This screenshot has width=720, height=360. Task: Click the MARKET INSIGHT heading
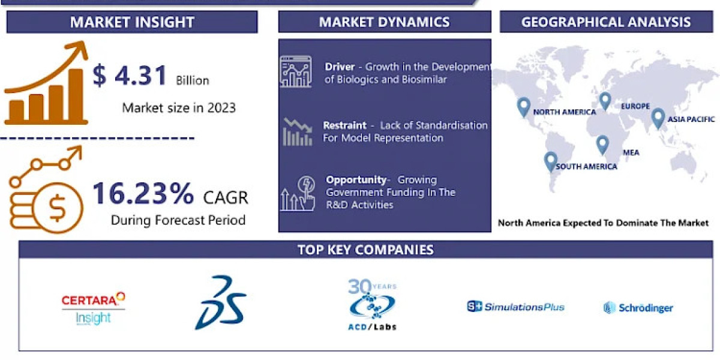pos(132,22)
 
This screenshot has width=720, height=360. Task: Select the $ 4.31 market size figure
pos(130,76)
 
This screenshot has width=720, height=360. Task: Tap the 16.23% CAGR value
pos(143,193)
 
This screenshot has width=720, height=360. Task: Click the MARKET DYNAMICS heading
pos(384,22)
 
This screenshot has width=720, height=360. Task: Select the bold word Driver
pos(340,67)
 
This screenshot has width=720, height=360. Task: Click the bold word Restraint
pos(344,125)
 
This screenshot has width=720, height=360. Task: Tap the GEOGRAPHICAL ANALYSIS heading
pos(606,22)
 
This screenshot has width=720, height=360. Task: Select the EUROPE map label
pos(635,106)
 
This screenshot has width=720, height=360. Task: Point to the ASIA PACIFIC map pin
pos(658,118)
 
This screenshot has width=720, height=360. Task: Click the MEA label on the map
pos(631,152)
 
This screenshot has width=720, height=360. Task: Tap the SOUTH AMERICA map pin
pos(550,161)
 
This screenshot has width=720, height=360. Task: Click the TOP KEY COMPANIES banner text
pos(365,250)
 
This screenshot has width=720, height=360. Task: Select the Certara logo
pos(94,308)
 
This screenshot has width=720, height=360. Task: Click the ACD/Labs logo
pos(373,305)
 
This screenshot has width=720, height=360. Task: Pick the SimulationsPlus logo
pos(516,307)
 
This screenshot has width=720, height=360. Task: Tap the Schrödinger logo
pos(638,308)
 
